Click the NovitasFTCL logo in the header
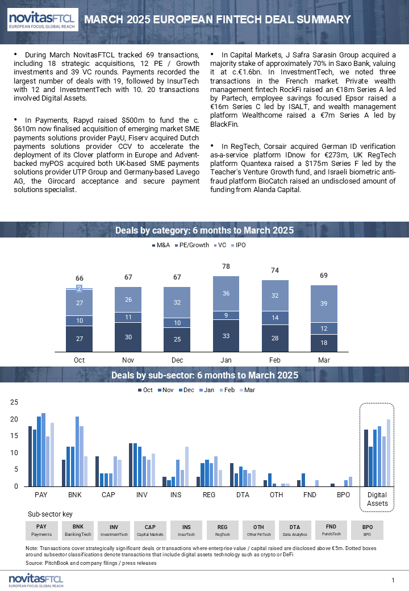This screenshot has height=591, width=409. pyautogui.click(x=43, y=19)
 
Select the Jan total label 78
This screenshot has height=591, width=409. pyautogui.click(x=226, y=267)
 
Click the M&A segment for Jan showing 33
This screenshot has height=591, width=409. pyautogui.click(x=226, y=336)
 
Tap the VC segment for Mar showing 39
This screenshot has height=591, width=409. pyautogui.click(x=324, y=304)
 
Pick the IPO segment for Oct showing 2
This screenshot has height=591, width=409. pyautogui.click(x=79, y=289)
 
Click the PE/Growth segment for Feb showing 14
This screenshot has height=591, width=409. pyautogui.click(x=275, y=318)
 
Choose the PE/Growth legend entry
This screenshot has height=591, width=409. pyautogui.click(x=192, y=245)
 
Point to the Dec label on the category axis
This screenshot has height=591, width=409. pyautogui.click(x=177, y=360)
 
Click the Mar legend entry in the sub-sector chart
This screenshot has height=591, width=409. pyautogui.click(x=248, y=390)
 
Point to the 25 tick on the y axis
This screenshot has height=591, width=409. pyautogui.click(x=14, y=402)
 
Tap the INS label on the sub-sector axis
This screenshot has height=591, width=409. pyautogui.click(x=176, y=495)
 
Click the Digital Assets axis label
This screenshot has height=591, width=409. pyautogui.click(x=377, y=499)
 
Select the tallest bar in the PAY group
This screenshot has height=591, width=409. pyautogui.click(x=43, y=450)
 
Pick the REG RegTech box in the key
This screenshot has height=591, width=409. pyautogui.click(x=222, y=530)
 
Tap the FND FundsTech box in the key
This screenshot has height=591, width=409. pyautogui.click(x=331, y=530)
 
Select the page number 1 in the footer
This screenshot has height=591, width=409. pyautogui.click(x=393, y=580)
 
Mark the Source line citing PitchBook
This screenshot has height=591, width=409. pyautogui.click(x=91, y=563)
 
